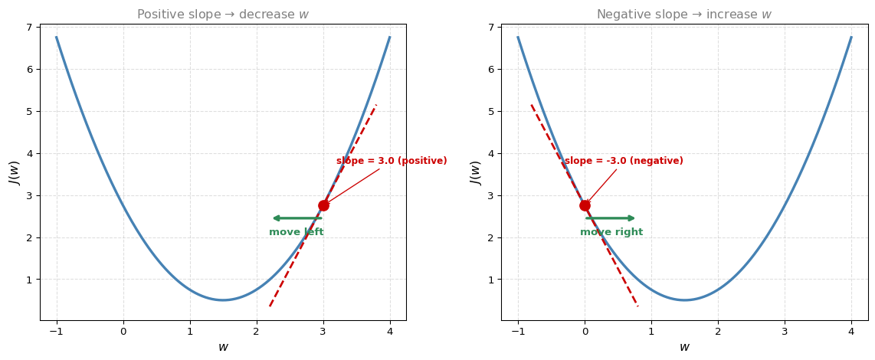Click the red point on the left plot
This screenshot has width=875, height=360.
(323, 205)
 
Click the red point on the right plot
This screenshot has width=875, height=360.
(585, 205)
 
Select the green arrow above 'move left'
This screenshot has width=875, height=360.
(297, 218)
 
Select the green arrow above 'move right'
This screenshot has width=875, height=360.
(611, 218)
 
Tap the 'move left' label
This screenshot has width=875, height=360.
(297, 232)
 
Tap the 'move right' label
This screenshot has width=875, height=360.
(611, 232)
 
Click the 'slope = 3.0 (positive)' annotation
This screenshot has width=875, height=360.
(392, 161)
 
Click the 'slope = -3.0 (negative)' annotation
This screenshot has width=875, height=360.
(624, 161)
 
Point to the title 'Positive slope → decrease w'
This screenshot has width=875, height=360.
(223, 15)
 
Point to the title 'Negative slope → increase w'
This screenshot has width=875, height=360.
(684, 15)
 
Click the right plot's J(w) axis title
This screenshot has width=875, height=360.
(476, 172)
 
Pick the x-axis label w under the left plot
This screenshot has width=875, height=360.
(223, 347)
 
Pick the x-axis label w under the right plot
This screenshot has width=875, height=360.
(685, 347)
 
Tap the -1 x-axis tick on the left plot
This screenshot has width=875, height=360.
(57, 331)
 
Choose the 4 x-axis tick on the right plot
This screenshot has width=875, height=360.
(851, 331)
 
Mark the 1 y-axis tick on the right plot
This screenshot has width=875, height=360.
(492, 280)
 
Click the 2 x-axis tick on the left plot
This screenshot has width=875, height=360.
(256, 331)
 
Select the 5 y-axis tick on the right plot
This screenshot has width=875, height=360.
(492, 112)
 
